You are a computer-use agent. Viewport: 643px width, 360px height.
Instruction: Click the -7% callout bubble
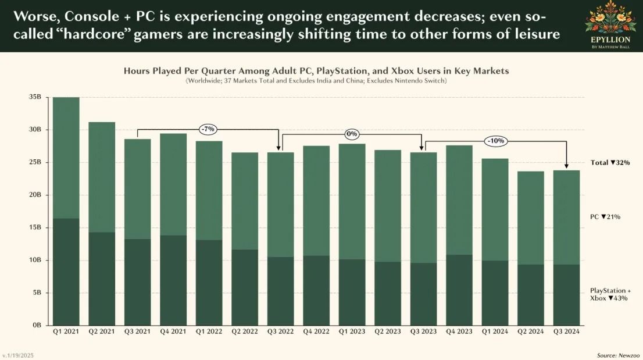click(208, 129)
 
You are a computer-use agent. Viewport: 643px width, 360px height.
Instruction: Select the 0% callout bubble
click(352, 134)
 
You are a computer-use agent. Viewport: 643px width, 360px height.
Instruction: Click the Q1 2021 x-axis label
click(66, 332)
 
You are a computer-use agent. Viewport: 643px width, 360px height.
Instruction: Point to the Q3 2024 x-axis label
click(566, 332)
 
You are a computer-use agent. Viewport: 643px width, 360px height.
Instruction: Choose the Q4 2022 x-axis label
click(316, 332)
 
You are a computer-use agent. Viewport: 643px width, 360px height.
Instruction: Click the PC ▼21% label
click(605, 216)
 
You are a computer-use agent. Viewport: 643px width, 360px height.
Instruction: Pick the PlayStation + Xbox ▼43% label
click(610, 294)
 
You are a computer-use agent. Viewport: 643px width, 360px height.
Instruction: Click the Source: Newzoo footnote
click(616, 355)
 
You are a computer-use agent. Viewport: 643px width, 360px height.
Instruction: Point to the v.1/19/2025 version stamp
click(19, 355)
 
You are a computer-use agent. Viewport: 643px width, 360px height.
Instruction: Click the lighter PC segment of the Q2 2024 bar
click(531, 218)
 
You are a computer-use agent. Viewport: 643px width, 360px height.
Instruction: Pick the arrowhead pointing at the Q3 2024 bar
click(566, 167)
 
